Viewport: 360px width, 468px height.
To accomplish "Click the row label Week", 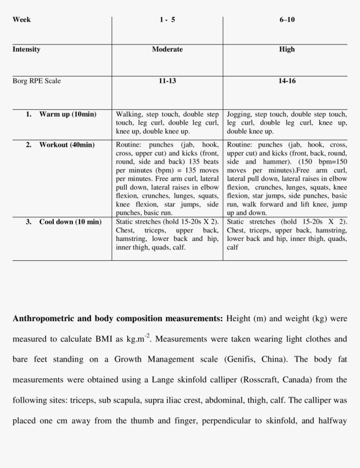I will click(x=21, y=19).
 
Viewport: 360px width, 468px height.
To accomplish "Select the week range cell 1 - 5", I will click(x=167, y=19).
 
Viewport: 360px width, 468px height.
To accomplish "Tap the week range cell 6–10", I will click(x=287, y=19).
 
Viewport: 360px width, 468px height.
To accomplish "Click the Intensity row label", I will click(x=26, y=49).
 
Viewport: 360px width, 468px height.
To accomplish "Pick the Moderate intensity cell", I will click(x=167, y=49).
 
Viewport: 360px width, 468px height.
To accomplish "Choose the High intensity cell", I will click(x=287, y=49).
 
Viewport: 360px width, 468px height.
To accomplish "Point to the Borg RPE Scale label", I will click(x=36, y=81).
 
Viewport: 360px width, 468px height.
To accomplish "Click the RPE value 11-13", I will click(x=167, y=81).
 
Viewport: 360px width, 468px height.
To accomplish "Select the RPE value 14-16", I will click(x=287, y=81).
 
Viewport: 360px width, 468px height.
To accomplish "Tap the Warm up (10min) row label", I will click(x=67, y=114).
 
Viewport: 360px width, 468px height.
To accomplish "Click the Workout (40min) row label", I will click(x=67, y=145).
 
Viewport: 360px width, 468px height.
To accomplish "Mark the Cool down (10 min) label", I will click(x=70, y=222).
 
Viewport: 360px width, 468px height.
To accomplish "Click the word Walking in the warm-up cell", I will click(x=129, y=114).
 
